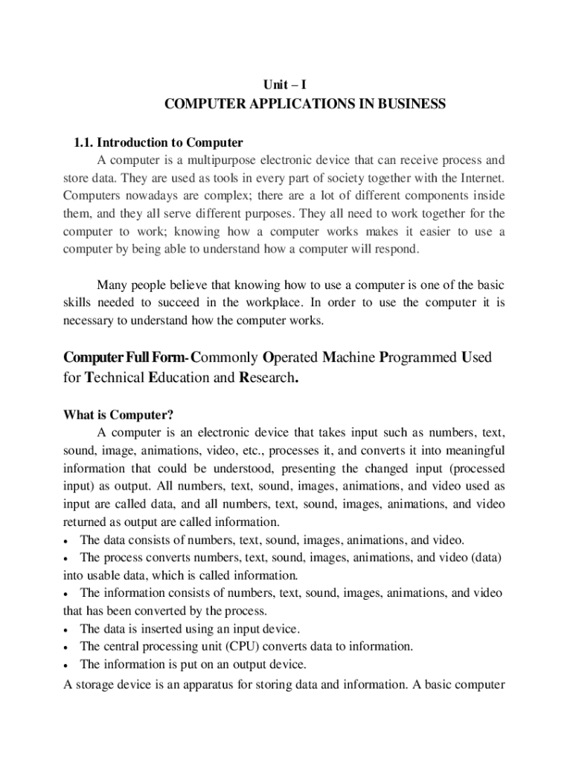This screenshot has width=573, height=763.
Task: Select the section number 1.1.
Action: [x=83, y=142]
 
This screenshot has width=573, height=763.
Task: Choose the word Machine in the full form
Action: [x=349, y=358]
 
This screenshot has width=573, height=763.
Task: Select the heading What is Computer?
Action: [x=118, y=414]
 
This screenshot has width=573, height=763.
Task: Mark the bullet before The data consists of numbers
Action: [x=68, y=539]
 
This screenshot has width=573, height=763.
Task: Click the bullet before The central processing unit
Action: [x=68, y=647]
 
